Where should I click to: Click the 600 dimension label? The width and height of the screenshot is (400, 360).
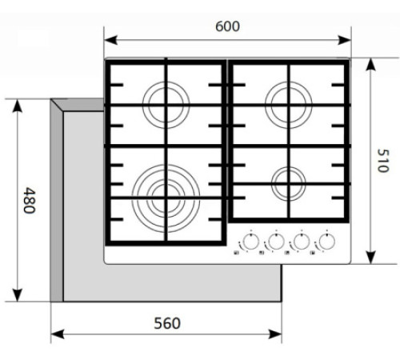pyautogui.click(x=227, y=26)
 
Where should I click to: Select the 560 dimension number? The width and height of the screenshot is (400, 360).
pyautogui.click(x=166, y=323)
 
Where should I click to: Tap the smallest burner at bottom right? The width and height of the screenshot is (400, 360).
pyautogui.click(x=289, y=182)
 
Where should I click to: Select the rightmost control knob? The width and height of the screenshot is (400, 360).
pyautogui.click(x=326, y=241)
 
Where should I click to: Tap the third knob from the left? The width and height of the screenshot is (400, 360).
pyautogui.click(x=301, y=241)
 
